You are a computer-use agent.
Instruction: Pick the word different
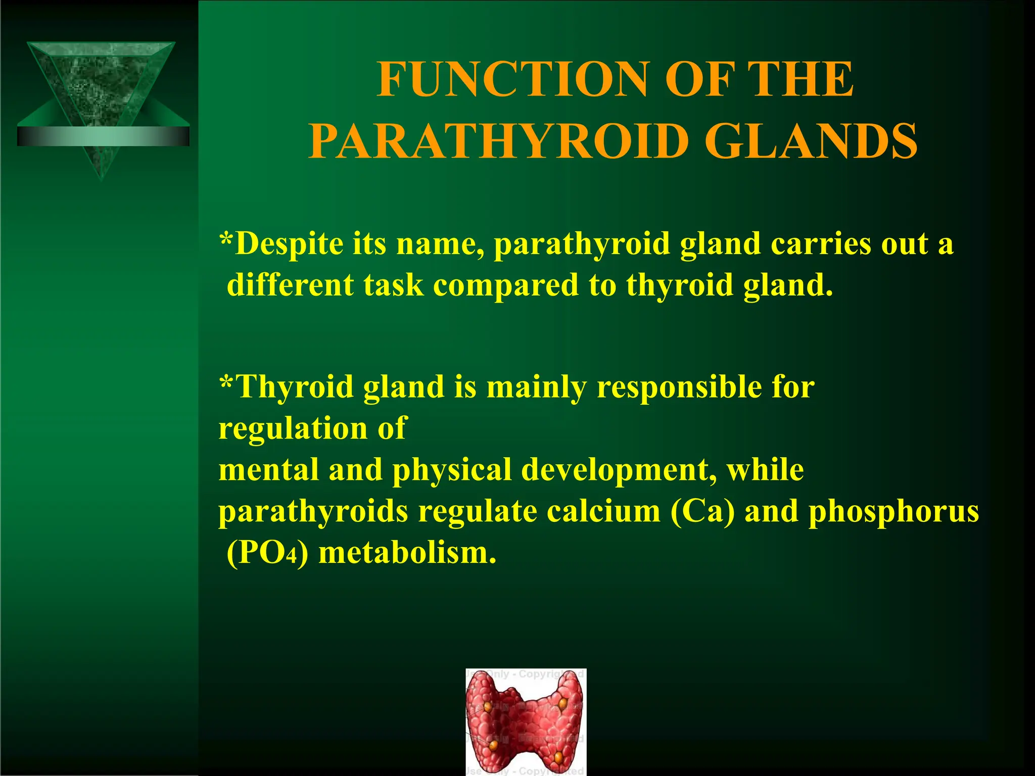tap(290, 285)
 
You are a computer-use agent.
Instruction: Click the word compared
tap(505, 285)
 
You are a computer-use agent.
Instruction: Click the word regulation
tap(293, 428)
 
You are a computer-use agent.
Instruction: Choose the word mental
tap(268, 470)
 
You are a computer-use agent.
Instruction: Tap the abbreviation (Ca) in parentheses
tap(702, 511)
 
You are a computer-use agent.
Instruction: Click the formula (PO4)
tap(267, 553)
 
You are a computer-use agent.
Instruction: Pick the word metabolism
tap(407, 553)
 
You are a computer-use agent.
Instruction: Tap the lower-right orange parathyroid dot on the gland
tap(558, 757)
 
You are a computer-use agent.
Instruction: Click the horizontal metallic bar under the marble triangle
tap(103, 136)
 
